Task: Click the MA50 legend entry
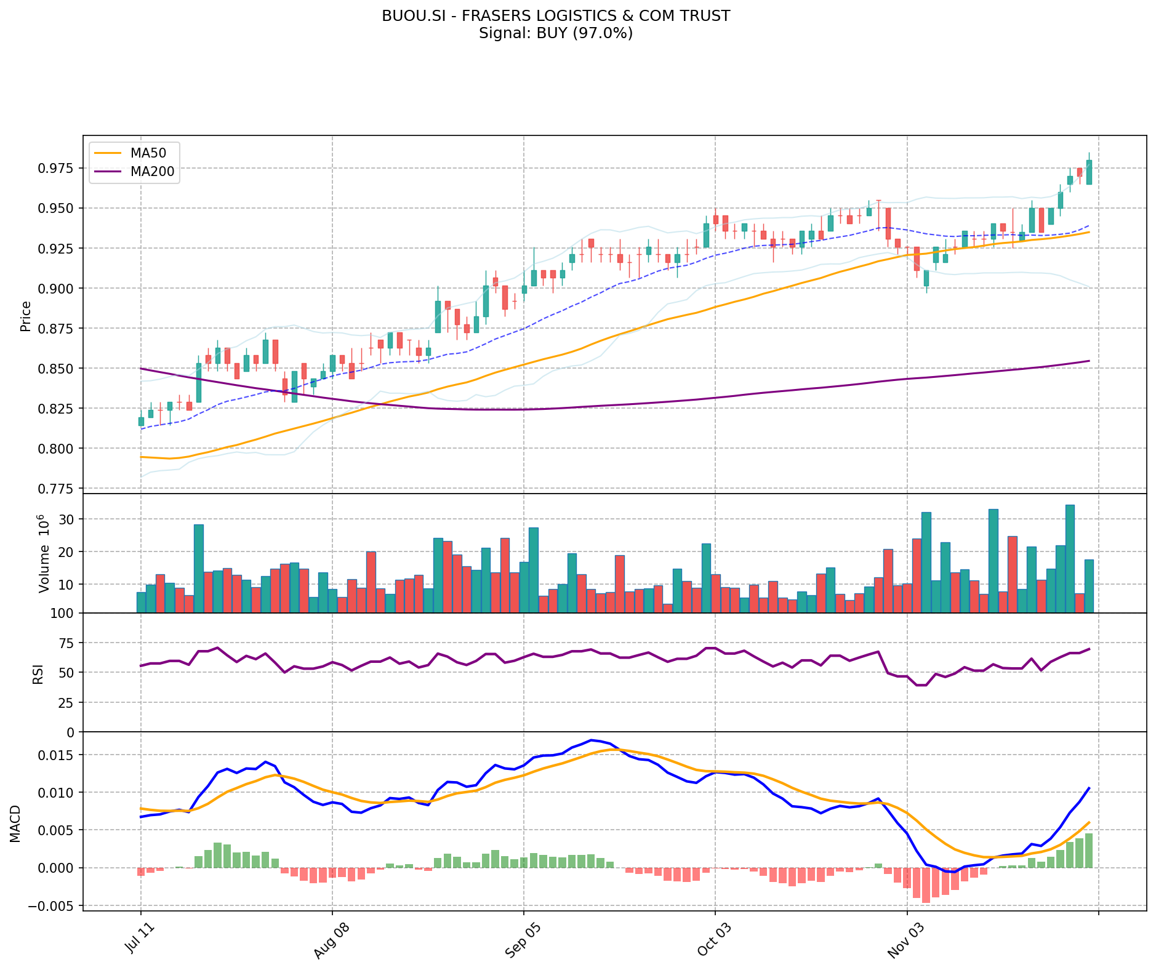click(148, 151)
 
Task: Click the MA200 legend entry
click(152, 172)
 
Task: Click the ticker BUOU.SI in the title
click(408, 16)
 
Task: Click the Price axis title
click(26, 316)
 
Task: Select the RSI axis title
click(38, 673)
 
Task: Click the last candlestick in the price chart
click(1089, 172)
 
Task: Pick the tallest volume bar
click(1070, 558)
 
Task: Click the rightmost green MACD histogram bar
click(1089, 851)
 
